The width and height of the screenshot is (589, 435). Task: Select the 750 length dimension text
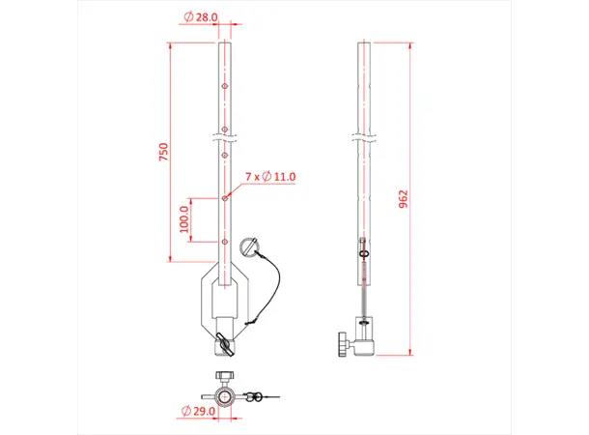pos(164,152)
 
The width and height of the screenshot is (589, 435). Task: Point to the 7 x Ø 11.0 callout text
pos(270,177)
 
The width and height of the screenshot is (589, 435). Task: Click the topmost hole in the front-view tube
pos(224,86)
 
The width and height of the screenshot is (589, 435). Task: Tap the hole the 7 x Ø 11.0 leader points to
pos(224,197)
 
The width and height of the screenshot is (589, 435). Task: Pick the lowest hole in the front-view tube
pos(224,242)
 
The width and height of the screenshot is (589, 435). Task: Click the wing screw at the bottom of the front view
pos(224,342)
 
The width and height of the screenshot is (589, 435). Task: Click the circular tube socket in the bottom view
pos(224,395)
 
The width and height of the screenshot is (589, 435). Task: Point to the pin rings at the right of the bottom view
pos(256,395)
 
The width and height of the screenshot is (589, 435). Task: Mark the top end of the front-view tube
pos(224,43)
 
